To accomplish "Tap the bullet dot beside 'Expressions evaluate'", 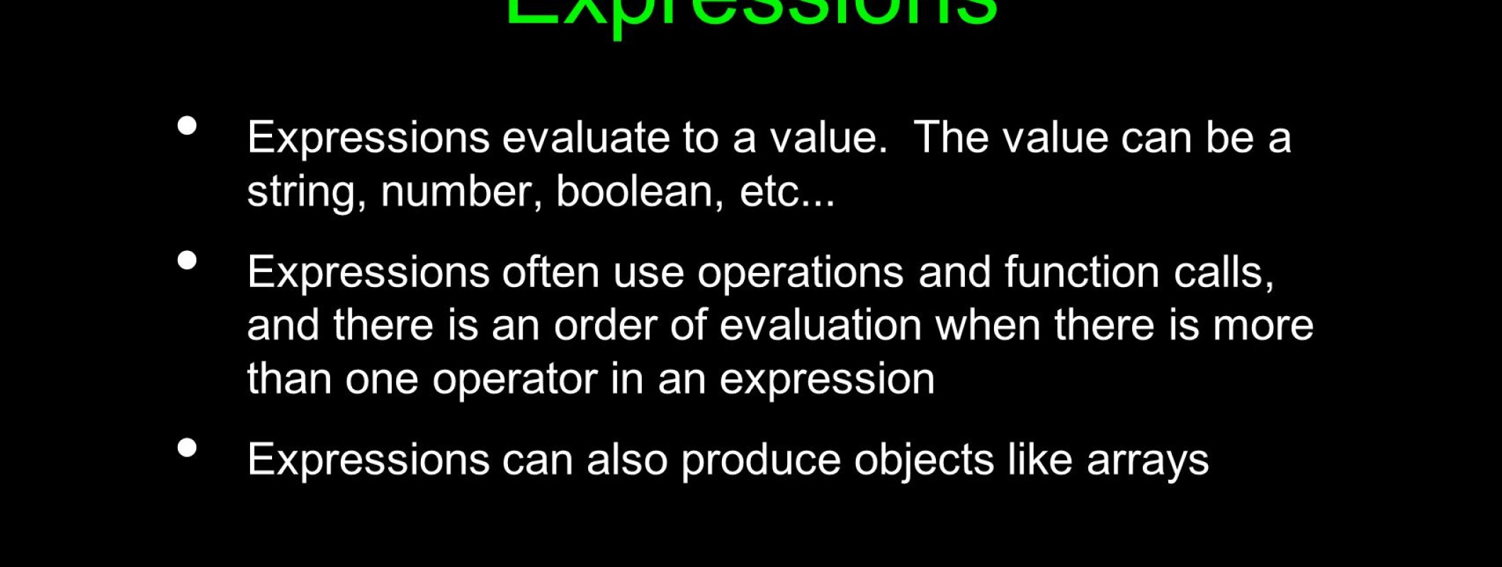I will (187, 126).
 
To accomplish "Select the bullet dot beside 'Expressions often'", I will (187, 261).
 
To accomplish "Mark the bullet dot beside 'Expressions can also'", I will (187, 448).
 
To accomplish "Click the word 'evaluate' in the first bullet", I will (585, 137).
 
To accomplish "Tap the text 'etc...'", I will (787, 191).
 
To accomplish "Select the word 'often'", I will (550, 272).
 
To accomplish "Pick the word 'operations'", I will (800, 272).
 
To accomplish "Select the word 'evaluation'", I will (820, 325).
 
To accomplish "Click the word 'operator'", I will (514, 379).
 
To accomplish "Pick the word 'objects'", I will (924, 460).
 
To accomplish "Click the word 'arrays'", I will (1147, 461).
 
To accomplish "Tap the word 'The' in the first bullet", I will (951, 137).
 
